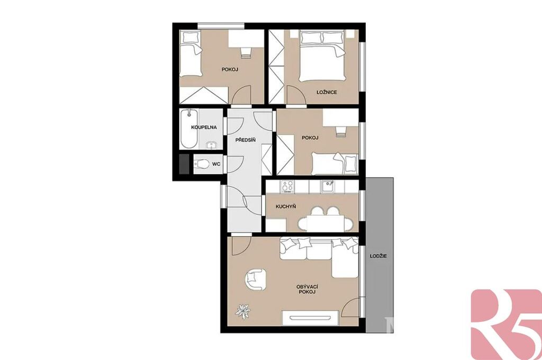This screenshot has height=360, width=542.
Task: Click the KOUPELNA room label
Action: (x=204, y=127)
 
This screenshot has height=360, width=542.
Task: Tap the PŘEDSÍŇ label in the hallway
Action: (x=246, y=140)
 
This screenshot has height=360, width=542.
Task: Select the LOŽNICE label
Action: (x=327, y=92)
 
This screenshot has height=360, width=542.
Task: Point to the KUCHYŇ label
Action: (x=285, y=206)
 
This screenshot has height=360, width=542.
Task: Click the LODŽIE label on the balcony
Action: (x=378, y=256)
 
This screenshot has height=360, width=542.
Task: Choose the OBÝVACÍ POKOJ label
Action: (x=307, y=289)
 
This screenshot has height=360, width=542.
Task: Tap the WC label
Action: (x=216, y=164)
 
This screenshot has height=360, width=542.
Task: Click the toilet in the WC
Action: (x=202, y=164)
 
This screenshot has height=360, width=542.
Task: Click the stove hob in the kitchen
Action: (x=287, y=187)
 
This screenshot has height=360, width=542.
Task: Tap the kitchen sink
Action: (x=327, y=187)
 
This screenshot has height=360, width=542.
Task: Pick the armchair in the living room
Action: (x=255, y=279)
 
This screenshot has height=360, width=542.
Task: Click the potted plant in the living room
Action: (x=243, y=311)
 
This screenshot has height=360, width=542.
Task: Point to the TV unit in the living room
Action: (x=310, y=318)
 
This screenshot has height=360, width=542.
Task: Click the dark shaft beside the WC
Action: (x=184, y=164)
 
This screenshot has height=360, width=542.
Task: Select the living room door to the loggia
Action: (x=351, y=308)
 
